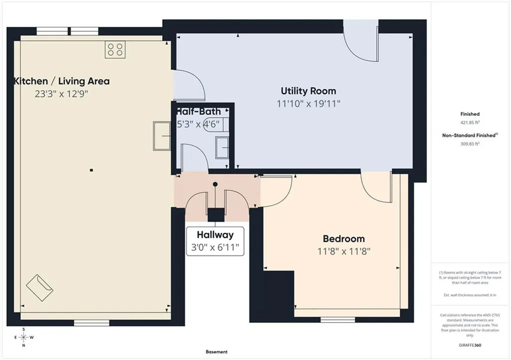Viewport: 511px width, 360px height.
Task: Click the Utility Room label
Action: coord(308,91)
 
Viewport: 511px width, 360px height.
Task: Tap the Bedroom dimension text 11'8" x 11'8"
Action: coord(344,251)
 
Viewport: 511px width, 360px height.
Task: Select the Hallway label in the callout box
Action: coord(215,235)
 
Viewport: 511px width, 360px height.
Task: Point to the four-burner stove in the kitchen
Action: coord(115,50)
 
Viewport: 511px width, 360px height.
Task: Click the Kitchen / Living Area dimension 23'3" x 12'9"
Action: coord(61,94)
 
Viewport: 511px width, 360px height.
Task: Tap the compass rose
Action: coord(24,338)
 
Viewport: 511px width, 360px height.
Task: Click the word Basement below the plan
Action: coord(217,352)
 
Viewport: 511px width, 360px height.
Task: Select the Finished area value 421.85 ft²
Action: coord(470,122)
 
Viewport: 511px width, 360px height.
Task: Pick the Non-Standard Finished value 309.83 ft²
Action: coord(470,144)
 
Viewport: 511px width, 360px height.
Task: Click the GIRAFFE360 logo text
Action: coord(470,345)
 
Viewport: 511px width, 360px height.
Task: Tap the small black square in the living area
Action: coord(92,170)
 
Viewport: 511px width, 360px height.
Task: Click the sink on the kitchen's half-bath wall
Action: coord(162,136)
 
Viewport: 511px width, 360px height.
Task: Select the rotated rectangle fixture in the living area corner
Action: coord(39,288)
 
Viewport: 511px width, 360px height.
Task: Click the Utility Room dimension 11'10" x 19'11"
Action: coord(308,104)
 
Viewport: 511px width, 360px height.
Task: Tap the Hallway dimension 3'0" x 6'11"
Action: coord(215,247)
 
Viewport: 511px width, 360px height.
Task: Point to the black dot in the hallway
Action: coord(215,184)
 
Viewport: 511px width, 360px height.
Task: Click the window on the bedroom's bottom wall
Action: coord(338,320)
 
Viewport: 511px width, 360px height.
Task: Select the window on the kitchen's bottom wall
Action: coord(92,323)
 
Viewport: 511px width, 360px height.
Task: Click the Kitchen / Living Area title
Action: coord(61,81)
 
